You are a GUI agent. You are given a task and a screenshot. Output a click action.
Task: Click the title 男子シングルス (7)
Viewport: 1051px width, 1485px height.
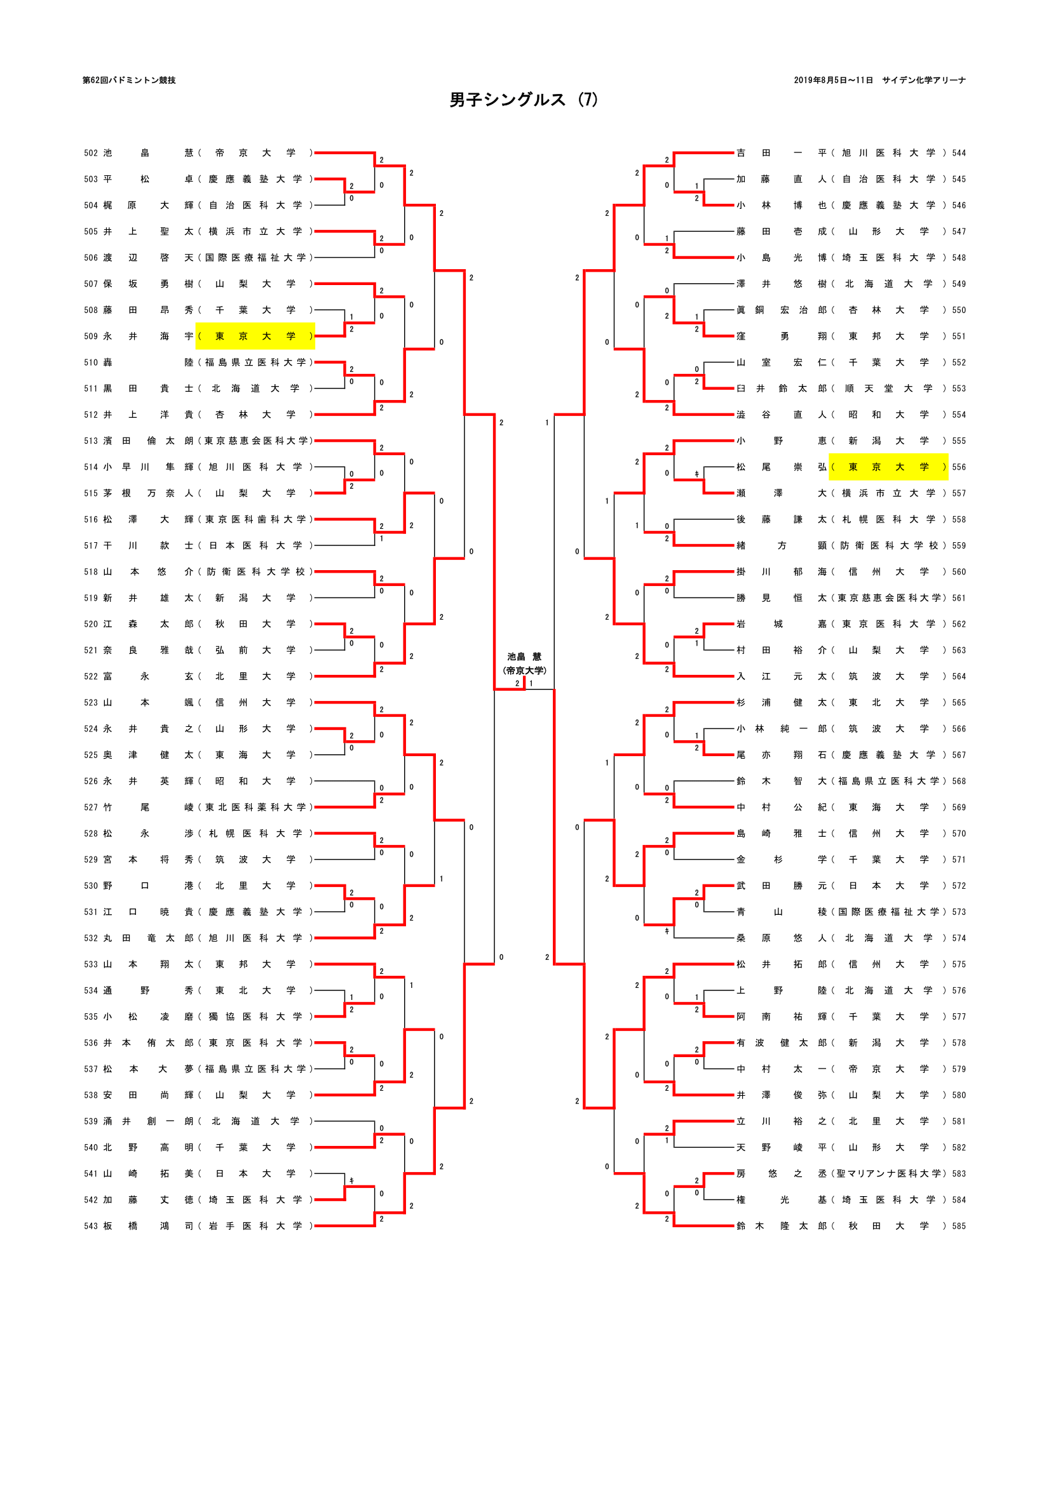click(524, 100)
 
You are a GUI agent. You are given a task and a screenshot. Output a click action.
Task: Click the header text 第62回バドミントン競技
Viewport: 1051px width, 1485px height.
click(129, 80)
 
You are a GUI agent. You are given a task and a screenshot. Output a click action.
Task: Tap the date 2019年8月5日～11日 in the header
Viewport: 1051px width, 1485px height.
click(833, 80)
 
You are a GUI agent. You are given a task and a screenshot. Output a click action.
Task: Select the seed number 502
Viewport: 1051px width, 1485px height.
click(91, 153)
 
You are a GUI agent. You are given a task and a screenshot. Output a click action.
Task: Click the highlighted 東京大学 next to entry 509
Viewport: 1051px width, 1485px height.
click(255, 336)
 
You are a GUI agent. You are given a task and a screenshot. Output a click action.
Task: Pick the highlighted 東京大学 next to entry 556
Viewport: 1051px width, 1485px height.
click(888, 467)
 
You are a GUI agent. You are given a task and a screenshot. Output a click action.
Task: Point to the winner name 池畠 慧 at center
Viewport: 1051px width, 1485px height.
click(524, 656)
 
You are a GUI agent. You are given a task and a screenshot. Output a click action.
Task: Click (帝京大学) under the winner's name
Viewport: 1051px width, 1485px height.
click(524, 670)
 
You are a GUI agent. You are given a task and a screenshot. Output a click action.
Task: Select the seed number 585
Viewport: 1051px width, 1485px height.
click(958, 1225)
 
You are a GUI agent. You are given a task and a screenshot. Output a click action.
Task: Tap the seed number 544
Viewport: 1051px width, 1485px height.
click(958, 153)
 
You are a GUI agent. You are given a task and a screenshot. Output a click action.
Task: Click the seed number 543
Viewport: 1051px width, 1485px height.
click(91, 1225)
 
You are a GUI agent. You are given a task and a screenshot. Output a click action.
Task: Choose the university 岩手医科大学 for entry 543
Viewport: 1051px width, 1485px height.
click(255, 1225)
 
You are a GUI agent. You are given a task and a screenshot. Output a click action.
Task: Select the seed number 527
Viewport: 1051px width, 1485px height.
click(91, 807)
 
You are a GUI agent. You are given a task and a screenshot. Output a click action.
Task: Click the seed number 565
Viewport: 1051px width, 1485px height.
click(958, 702)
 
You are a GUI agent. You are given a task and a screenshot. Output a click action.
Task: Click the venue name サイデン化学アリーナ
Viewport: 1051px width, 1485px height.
click(923, 80)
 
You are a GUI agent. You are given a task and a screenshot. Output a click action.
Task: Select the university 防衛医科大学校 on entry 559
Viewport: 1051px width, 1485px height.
click(888, 546)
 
